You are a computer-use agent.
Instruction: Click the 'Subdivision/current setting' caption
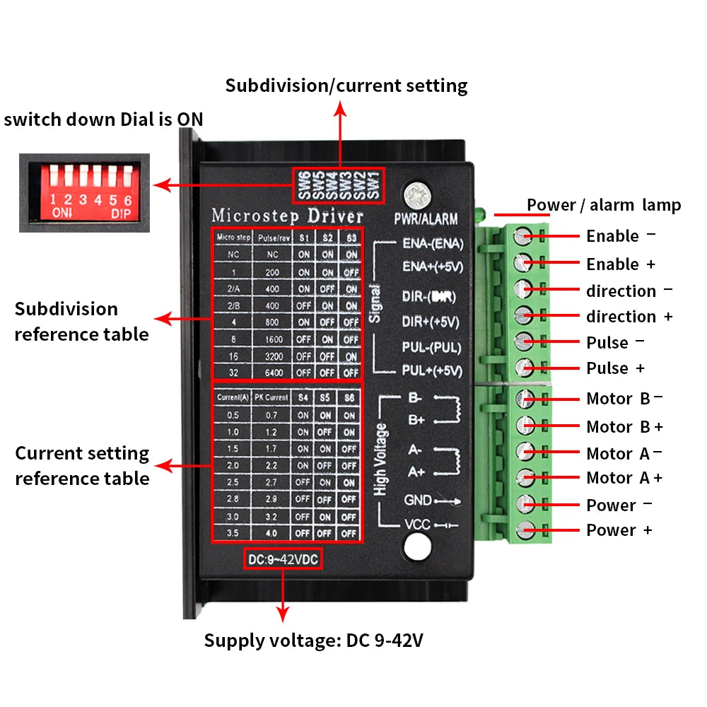pos(346,86)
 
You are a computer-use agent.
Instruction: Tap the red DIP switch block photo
pos(84,192)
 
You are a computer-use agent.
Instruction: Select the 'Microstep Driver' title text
pos(288,215)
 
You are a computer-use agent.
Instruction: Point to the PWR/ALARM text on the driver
pos(426,219)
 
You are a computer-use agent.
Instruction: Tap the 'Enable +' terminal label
pos(620,264)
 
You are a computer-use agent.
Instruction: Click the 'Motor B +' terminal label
pos(624,427)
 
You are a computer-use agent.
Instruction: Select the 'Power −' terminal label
pos(619,506)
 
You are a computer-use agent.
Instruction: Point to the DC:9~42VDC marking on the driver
pos(283,560)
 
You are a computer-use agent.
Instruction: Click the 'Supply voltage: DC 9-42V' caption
pos(314,641)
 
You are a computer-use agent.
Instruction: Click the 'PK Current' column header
pos(271,397)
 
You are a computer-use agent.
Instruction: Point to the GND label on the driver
pos(418,500)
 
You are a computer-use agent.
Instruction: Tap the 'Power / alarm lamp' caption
pos(603,205)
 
